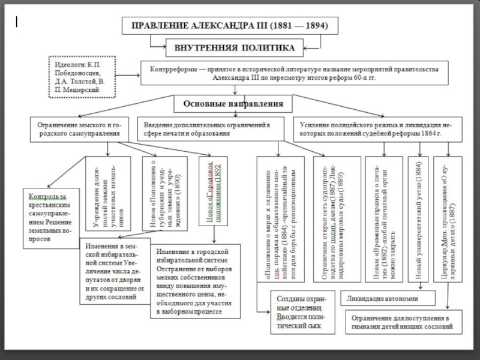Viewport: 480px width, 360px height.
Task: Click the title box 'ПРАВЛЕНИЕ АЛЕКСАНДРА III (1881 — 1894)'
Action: [230, 27]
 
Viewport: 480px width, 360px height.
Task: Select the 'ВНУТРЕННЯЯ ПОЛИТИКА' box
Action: [234, 47]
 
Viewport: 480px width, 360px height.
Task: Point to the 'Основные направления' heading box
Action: [237, 103]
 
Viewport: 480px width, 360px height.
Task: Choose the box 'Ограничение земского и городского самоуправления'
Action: [78, 128]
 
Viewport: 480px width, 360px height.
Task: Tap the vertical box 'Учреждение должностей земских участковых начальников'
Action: [109, 190]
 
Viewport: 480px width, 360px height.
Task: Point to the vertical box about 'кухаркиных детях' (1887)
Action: [448, 218]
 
